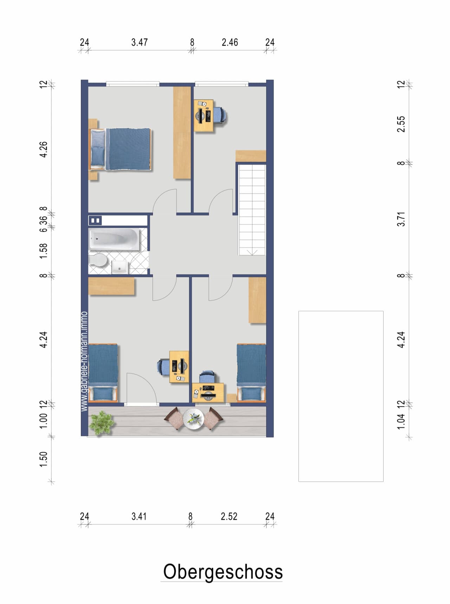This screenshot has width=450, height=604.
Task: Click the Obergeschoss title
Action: (223, 572)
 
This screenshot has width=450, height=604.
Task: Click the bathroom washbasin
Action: (120, 267)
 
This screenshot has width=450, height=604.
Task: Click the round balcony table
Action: (193, 419)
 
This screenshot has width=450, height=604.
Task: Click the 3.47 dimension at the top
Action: (139, 43)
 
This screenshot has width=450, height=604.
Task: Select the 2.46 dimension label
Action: (230, 43)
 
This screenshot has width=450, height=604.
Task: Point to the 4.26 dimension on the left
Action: (43, 149)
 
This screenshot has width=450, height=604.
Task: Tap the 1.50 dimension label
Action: (43, 459)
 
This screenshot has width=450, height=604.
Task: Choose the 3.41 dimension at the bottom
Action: (139, 516)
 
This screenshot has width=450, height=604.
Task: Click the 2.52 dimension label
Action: (229, 516)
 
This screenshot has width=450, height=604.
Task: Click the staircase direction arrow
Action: (252, 252)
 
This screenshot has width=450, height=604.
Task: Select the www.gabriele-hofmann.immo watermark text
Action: (84, 361)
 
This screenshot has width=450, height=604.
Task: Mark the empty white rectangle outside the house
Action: (341, 396)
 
